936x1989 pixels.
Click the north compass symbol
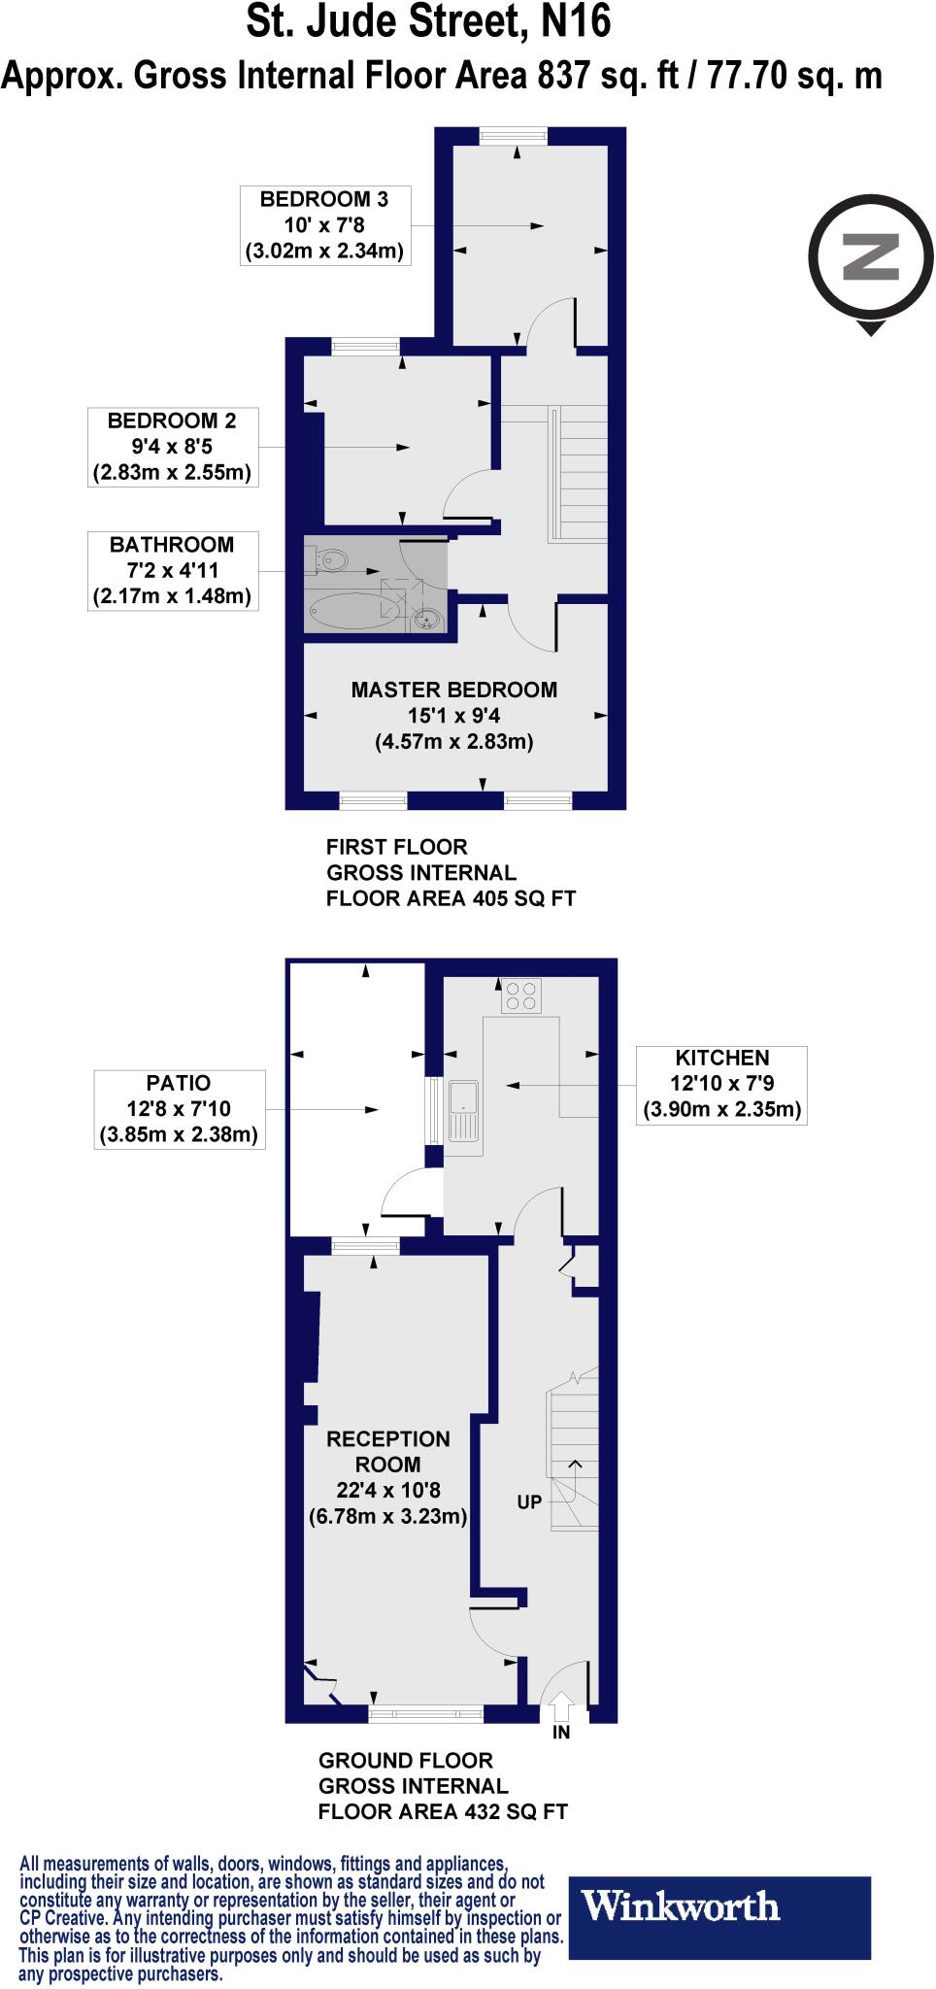pos(871,256)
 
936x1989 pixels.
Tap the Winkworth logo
pos(719,1906)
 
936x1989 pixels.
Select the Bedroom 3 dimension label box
pos(324,225)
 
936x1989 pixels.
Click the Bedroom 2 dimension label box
pos(173,447)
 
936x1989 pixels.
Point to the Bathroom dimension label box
pos(173,570)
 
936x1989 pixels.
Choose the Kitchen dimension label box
pos(721,1084)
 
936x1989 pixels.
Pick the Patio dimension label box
pos(180,1109)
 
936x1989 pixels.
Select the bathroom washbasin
pos(426,618)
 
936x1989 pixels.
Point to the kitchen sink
pos(465,1110)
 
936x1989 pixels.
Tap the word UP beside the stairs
pos(529,1502)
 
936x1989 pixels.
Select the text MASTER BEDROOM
pos(454,690)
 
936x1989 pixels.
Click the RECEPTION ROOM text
pos(388,1452)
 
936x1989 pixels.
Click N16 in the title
pos(576,21)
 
